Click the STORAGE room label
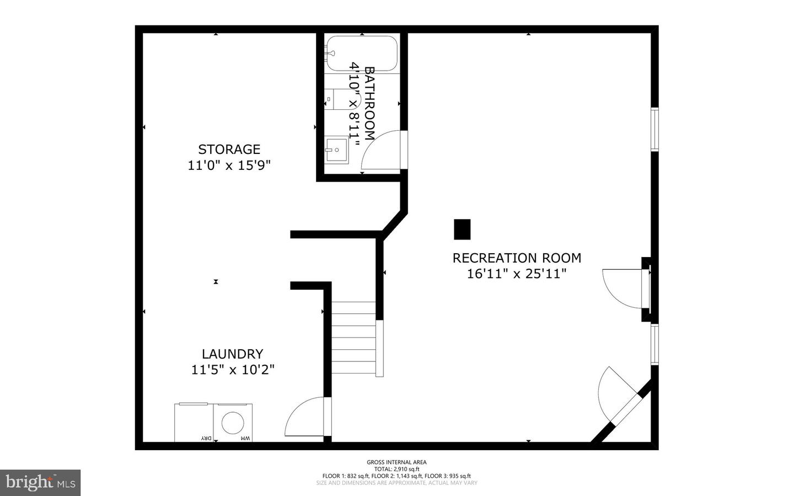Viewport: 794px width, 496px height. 229,149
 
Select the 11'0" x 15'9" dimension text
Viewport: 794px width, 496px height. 229,165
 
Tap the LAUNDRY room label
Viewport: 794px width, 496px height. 232,354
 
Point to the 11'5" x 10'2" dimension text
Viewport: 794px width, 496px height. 233,370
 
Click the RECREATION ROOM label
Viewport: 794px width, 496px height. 517,258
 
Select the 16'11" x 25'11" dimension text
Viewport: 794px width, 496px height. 517,274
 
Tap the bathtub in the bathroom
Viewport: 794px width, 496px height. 361,54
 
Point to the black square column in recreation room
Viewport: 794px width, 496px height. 462,230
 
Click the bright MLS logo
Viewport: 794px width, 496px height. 40,483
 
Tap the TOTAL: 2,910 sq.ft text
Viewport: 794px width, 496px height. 396,469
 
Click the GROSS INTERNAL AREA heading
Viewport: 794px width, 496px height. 396,462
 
